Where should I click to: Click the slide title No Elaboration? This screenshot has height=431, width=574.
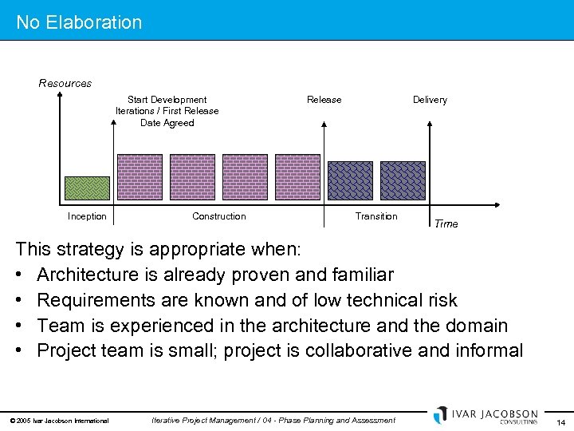79,22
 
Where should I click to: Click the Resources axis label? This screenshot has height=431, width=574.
65,83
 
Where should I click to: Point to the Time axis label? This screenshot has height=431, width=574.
446,224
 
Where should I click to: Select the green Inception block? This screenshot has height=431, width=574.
86,188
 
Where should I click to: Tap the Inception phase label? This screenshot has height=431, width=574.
87,216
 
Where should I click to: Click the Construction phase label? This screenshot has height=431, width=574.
219,216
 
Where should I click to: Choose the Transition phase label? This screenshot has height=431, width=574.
376,216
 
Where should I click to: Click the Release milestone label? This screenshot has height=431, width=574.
324,100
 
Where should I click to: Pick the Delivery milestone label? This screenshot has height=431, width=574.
430,100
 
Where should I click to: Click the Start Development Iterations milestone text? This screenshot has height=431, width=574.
167,111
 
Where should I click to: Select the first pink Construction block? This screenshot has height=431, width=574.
140,176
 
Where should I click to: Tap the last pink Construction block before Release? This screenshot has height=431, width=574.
297,176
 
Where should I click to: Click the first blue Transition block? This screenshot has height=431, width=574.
350,180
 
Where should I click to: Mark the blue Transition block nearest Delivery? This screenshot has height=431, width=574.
403,180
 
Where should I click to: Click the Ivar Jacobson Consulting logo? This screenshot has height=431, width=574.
486,416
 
